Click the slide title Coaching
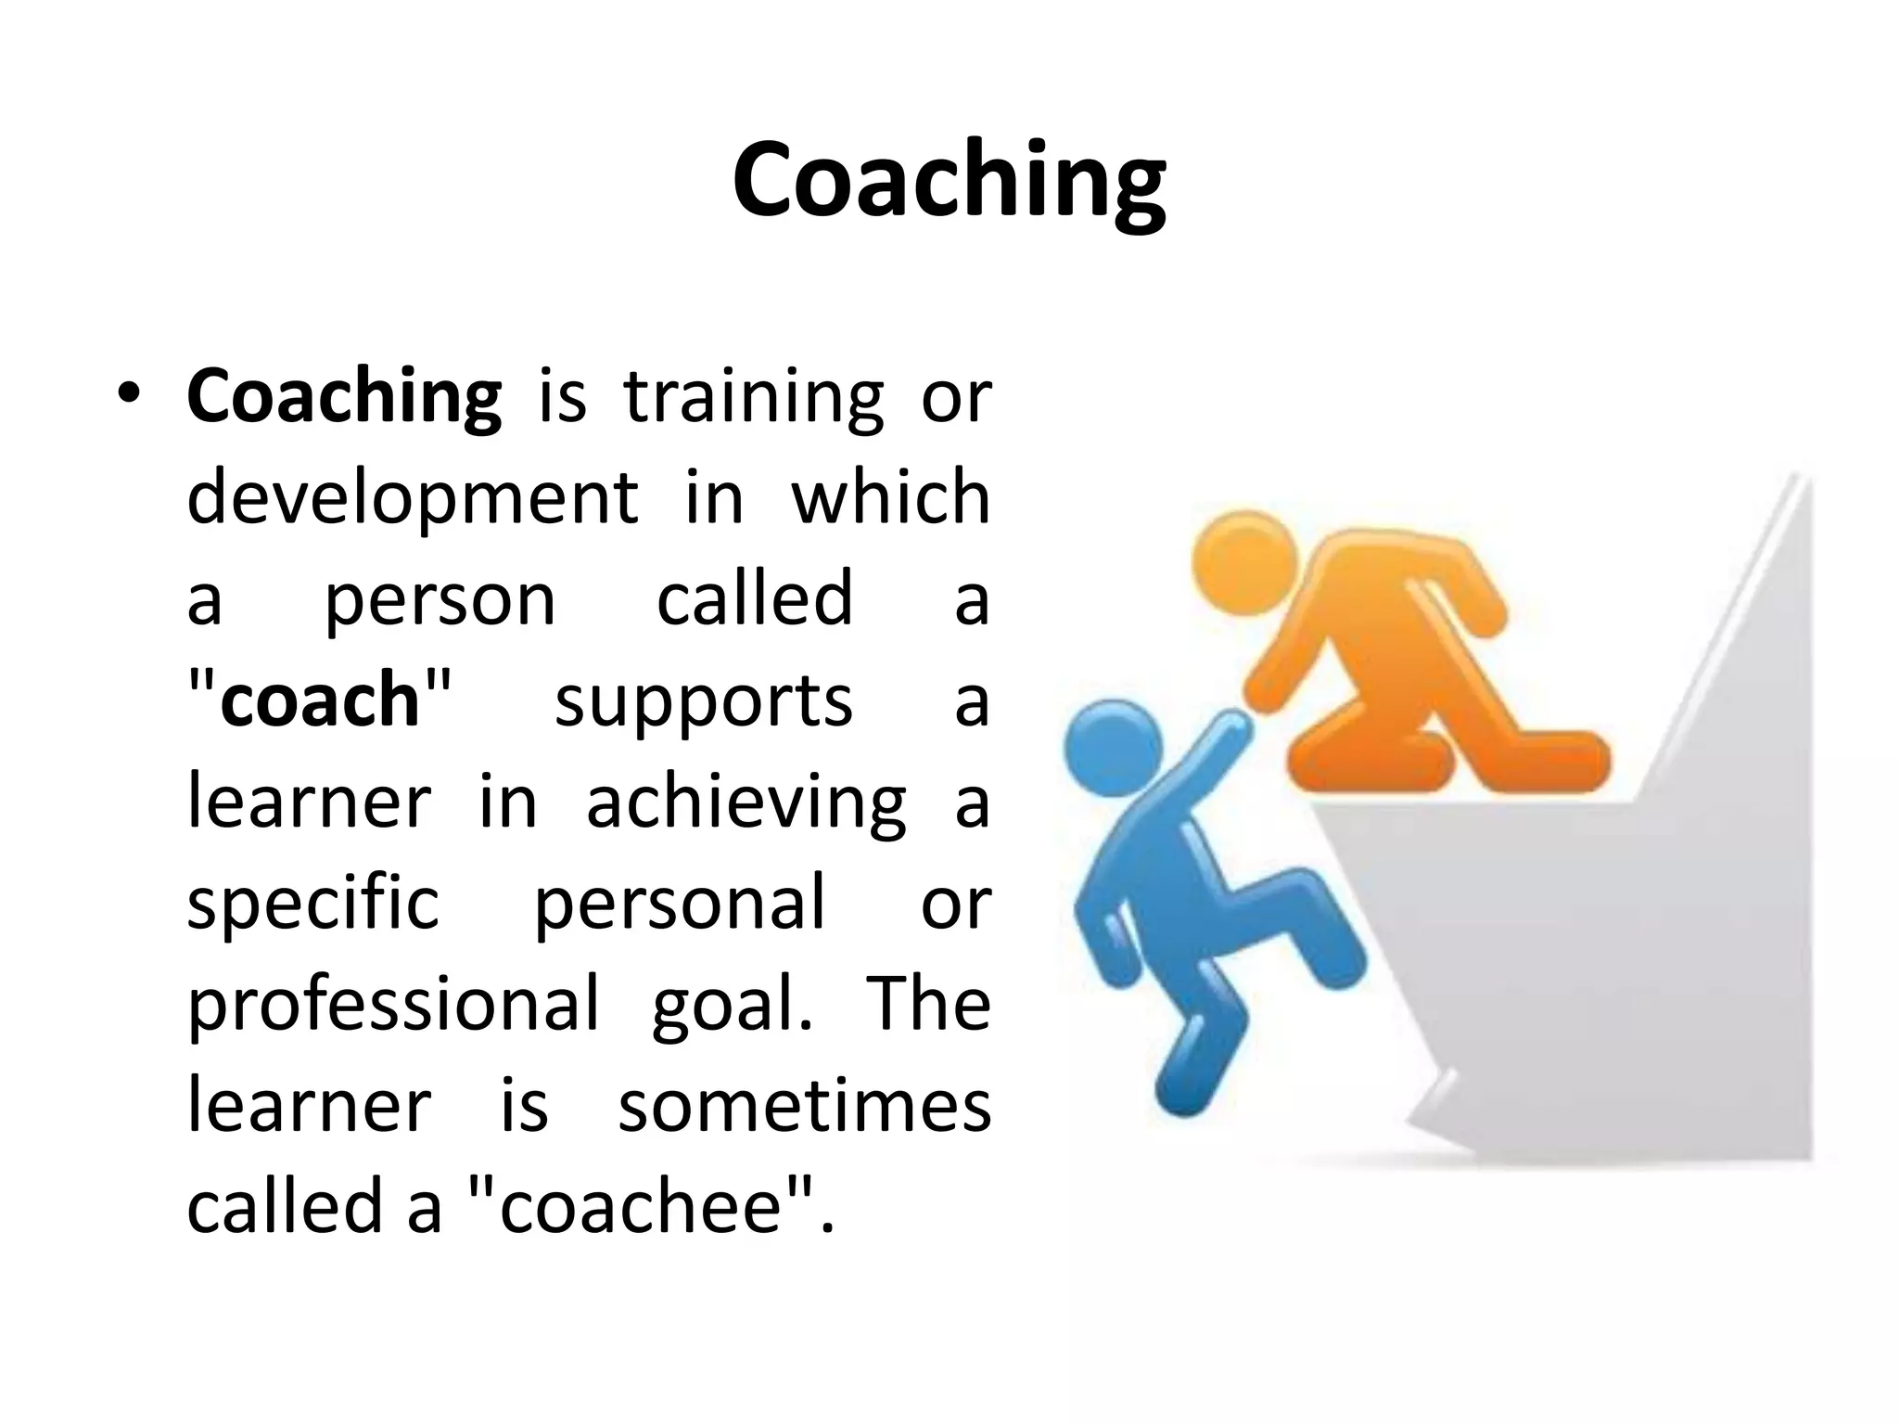[949, 181]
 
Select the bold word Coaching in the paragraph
[344, 397]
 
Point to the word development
[413, 498]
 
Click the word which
[890, 498]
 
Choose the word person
[440, 601]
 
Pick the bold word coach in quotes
[320, 700]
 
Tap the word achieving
[746, 803]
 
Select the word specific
[313, 904]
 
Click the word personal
[679, 904]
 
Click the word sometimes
[804, 1106]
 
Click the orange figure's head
[1243, 562]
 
